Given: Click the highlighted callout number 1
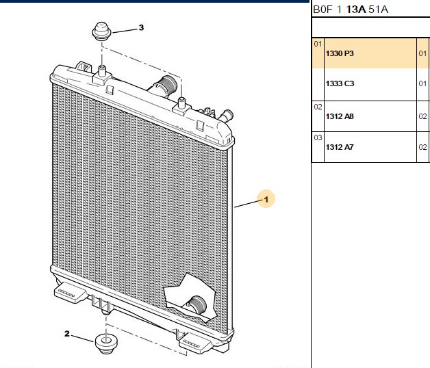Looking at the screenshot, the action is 266,199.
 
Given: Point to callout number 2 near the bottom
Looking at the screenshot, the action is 67,334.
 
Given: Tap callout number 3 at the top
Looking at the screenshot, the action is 141,27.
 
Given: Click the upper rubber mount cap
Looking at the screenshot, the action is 101,31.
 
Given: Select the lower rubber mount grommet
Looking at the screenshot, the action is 106,343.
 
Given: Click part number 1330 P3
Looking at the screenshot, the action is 340,53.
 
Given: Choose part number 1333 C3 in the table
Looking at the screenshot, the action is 340,83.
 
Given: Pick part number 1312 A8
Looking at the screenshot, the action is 340,116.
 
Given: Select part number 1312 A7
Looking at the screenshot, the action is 340,147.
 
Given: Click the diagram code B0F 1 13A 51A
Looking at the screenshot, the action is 351,10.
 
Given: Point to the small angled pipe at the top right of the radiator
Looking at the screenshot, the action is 226,116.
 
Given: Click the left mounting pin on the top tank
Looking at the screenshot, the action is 102,72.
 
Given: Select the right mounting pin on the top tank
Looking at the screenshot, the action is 181,103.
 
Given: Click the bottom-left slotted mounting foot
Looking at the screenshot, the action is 69,293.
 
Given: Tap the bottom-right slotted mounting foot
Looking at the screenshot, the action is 195,343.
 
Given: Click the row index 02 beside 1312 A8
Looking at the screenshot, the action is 318,107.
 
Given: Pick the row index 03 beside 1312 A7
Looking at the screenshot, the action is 318,137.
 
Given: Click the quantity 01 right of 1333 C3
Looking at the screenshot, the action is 422,83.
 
